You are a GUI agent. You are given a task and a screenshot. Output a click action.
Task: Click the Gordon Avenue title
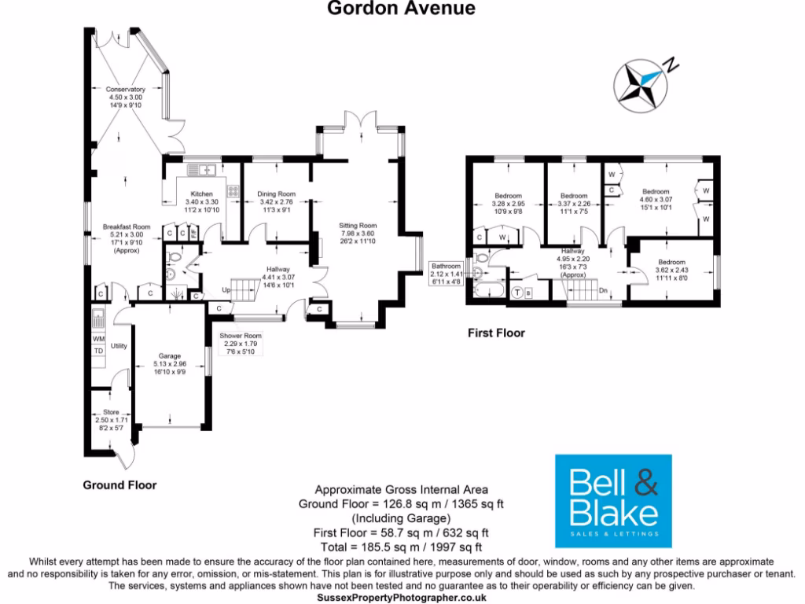coord(402,9)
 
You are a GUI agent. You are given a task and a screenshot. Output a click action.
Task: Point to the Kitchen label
coord(201,193)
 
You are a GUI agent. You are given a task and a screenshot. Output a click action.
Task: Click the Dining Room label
coord(276,193)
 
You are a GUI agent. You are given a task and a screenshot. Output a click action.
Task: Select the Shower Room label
coord(239,335)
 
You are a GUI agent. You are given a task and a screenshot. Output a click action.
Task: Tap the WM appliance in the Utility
coord(98,339)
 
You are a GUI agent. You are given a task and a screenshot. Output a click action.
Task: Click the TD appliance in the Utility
coord(98,351)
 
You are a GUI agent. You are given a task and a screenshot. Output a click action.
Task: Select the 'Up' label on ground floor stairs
coord(226,289)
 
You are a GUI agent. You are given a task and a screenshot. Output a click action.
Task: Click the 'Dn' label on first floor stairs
coord(604,290)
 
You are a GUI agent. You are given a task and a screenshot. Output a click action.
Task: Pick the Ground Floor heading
coord(119,485)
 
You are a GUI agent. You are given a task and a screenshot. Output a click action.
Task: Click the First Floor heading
coord(496,333)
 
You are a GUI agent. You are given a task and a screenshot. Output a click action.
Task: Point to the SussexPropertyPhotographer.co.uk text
coord(402,598)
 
